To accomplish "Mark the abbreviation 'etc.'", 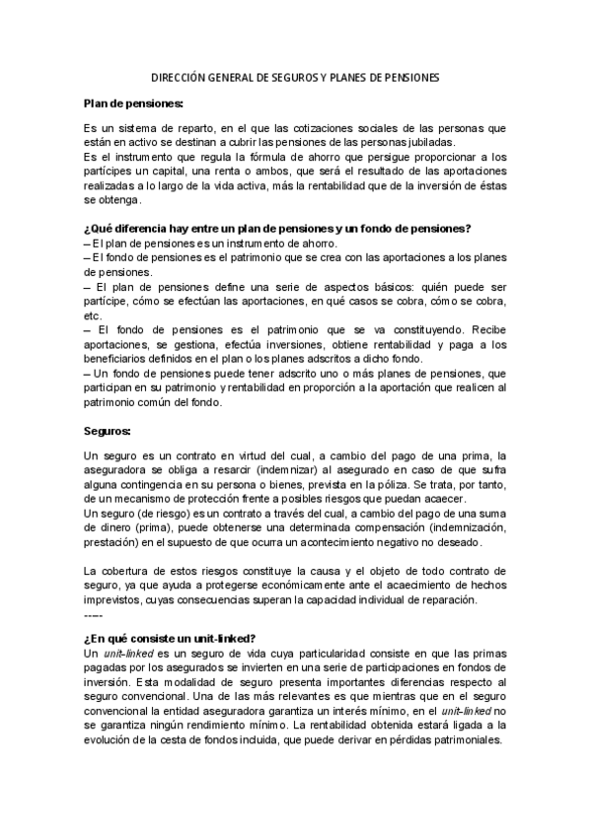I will point(93,315).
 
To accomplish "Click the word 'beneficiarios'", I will point(118,360).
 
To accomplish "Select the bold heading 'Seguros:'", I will point(108,432).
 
